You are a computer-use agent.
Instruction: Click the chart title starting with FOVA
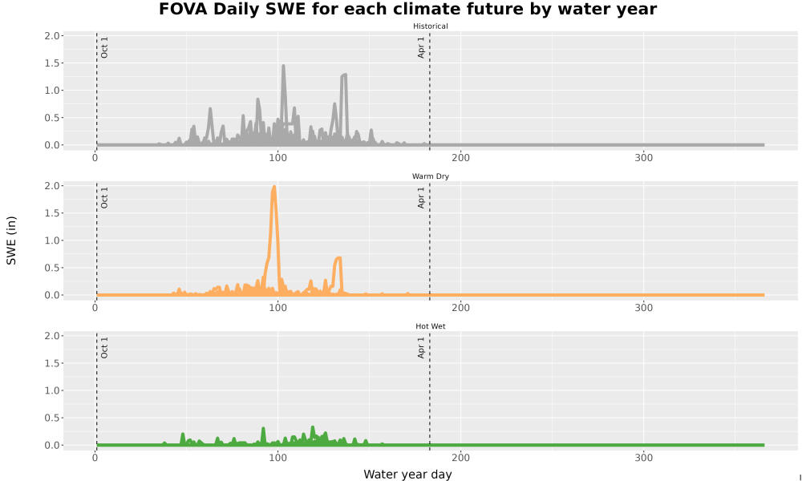point(407,9)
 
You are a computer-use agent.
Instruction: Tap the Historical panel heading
point(430,26)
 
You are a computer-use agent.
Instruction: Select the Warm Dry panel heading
point(430,176)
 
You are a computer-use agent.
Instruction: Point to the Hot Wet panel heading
point(430,326)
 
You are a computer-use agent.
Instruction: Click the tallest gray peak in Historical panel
point(283,67)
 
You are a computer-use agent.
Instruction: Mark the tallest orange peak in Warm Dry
point(274,188)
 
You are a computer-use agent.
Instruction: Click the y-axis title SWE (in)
point(11,240)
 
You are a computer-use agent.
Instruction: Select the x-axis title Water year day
point(407,475)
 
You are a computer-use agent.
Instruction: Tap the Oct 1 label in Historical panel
point(104,47)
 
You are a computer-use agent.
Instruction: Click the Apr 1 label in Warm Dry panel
point(421,197)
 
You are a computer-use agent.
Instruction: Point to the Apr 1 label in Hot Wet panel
point(421,347)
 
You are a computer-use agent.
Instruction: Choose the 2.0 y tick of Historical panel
point(52,36)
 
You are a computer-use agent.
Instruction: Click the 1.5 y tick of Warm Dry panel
point(52,213)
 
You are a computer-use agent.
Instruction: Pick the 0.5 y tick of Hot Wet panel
point(52,418)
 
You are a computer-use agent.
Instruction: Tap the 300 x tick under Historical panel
point(643,158)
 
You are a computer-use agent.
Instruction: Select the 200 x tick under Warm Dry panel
point(461,308)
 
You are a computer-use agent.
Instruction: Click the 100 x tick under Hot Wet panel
point(277,458)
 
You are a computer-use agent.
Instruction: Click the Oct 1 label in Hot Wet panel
point(104,347)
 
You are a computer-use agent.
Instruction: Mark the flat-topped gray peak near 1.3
point(344,75)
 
